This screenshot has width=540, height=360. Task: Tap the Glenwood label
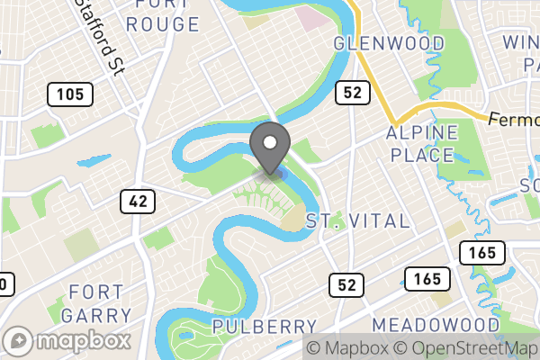click(389, 43)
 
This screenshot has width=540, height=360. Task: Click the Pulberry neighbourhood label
click(265, 326)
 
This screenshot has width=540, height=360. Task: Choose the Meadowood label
click(436, 324)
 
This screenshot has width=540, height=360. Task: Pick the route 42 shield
click(137, 202)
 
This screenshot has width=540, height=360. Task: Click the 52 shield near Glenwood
click(350, 91)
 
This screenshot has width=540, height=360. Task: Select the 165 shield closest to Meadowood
click(421, 279)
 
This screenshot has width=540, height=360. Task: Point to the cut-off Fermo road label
click(513, 119)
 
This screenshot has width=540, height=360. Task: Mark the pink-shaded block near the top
click(314, 16)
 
